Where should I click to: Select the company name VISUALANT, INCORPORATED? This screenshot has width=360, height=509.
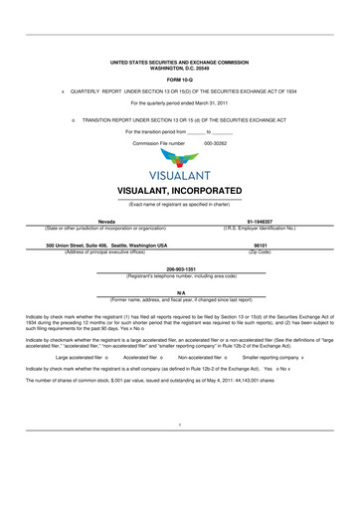coord(179,190)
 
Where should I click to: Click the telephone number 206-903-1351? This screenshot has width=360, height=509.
coord(180,268)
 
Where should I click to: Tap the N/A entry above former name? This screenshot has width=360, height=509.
coord(180,293)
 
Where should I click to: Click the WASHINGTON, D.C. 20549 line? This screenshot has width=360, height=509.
coord(179,67)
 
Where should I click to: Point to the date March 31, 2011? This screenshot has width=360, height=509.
coord(207,101)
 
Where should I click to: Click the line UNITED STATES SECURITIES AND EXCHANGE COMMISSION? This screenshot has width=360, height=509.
coord(179,61)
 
